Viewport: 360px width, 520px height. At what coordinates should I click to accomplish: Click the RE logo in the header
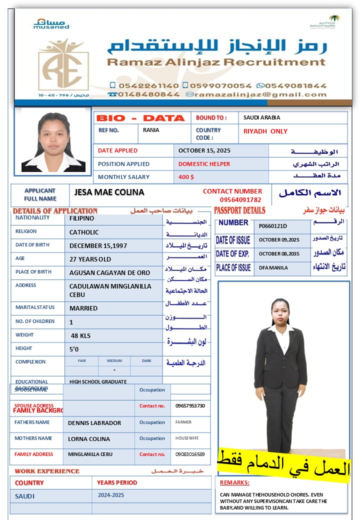tap(63, 64)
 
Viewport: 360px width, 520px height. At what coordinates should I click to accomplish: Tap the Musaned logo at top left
tap(51, 23)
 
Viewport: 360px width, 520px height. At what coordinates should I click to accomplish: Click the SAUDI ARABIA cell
tap(261, 117)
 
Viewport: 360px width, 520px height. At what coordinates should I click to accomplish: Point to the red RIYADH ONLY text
tap(265, 131)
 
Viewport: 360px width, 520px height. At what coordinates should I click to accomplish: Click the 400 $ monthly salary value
tap(186, 177)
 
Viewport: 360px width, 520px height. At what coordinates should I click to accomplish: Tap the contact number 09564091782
tap(240, 199)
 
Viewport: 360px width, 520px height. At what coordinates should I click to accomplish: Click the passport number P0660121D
tap(273, 226)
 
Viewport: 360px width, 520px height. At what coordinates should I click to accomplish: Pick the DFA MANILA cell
tap(273, 267)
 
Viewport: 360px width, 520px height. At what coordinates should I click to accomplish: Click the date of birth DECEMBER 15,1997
tap(98, 245)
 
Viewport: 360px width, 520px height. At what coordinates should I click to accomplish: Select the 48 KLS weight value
tap(80, 335)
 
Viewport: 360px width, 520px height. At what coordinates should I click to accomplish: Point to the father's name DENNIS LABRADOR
tap(94, 423)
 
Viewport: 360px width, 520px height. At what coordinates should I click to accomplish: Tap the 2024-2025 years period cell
tap(111, 495)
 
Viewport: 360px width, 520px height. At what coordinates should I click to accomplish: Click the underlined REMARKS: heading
tap(234, 482)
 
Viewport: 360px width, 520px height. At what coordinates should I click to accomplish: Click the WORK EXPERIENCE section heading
tap(47, 471)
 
